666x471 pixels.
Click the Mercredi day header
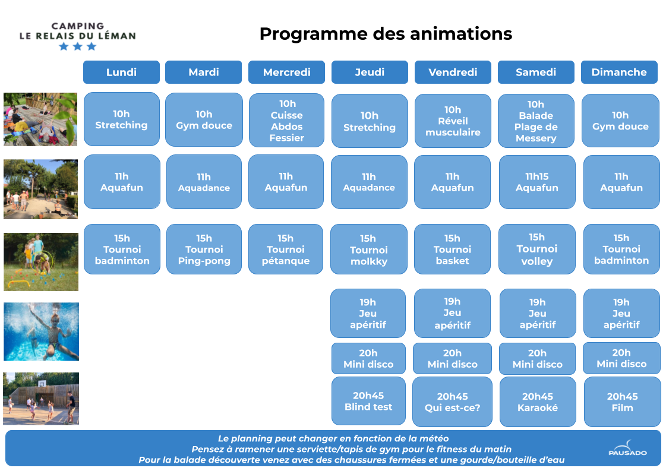[287, 72]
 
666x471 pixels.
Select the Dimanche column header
[619, 72]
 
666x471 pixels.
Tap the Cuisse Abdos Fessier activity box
[287, 121]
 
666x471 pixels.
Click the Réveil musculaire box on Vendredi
[453, 121]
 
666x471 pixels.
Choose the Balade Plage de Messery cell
[536, 121]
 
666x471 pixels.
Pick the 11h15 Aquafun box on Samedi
[537, 182]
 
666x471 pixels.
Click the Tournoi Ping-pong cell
[204, 249]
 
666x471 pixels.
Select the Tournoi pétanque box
[286, 249]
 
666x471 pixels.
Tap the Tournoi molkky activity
[369, 249]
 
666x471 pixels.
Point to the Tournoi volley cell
[537, 249]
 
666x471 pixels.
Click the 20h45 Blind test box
[368, 402]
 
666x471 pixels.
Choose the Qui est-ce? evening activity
[452, 402]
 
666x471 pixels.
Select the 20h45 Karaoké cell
[538, 402]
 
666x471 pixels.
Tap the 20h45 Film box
[622, 402]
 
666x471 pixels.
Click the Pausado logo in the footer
[627, 448]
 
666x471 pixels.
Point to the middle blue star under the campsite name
[77, 46]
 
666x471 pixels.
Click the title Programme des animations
[386, 34]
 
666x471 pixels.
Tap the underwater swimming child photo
[41, 331]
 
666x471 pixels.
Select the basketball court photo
[41, 399]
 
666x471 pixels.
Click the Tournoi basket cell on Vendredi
[452, 249]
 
